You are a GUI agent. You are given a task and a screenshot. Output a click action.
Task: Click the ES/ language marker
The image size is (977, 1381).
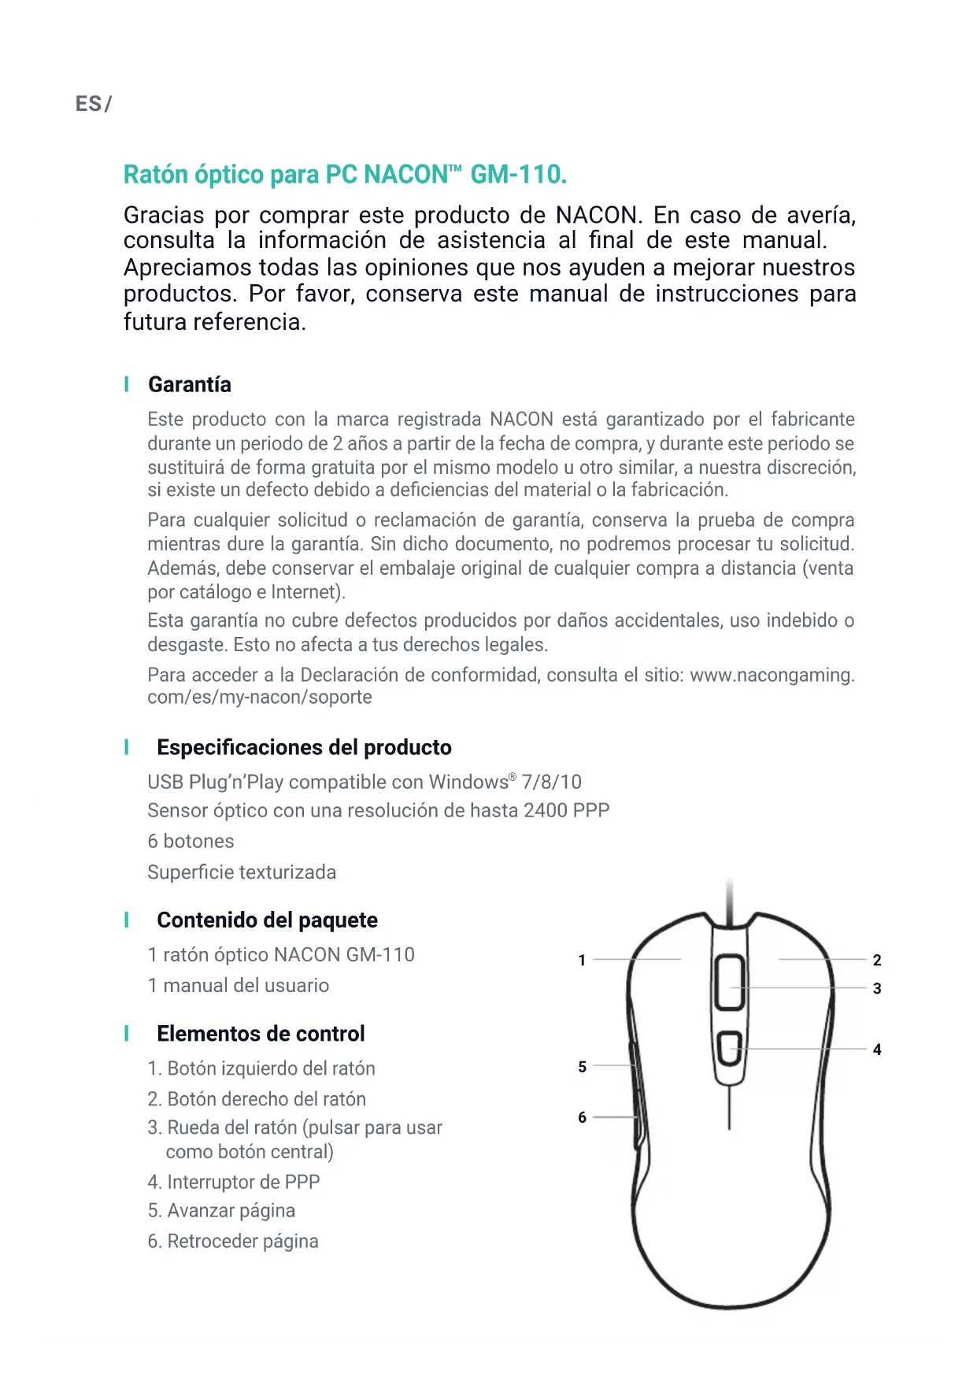point(93,104)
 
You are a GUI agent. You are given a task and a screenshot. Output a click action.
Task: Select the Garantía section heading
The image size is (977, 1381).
point(190,384)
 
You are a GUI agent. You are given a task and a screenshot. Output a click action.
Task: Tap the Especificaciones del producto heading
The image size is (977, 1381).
point(304,747)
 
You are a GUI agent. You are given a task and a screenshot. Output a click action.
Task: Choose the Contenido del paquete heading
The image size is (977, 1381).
point(267,920)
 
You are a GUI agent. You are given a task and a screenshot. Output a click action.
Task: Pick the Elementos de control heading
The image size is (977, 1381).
point(261,1033)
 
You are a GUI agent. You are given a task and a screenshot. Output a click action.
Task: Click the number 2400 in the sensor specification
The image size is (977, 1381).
point(546,810)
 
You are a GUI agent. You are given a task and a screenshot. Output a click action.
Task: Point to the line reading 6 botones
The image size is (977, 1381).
point(191,841)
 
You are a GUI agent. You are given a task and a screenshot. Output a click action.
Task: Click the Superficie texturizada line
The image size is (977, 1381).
point(242,872)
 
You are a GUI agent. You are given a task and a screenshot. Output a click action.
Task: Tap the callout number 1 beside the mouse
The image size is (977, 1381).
point(582,960)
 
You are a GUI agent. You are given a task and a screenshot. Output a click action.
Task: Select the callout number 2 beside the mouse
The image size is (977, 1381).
point(877,960)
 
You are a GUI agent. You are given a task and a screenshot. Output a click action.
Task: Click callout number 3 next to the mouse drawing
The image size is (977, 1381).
point(877,988)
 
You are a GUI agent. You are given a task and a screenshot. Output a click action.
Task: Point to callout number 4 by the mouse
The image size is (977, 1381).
point(877,1050)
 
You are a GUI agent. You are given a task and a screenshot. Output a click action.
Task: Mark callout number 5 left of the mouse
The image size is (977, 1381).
point(582,1067)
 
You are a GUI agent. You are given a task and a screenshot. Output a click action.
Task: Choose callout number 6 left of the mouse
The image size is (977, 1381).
point(582,1117)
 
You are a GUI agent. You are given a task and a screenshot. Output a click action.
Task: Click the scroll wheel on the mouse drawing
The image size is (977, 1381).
point(730,982)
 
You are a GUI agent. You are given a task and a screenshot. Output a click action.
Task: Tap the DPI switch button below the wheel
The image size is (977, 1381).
point(730,1048)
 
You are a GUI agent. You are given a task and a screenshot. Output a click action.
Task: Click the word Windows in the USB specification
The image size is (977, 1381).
point(468,782)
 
